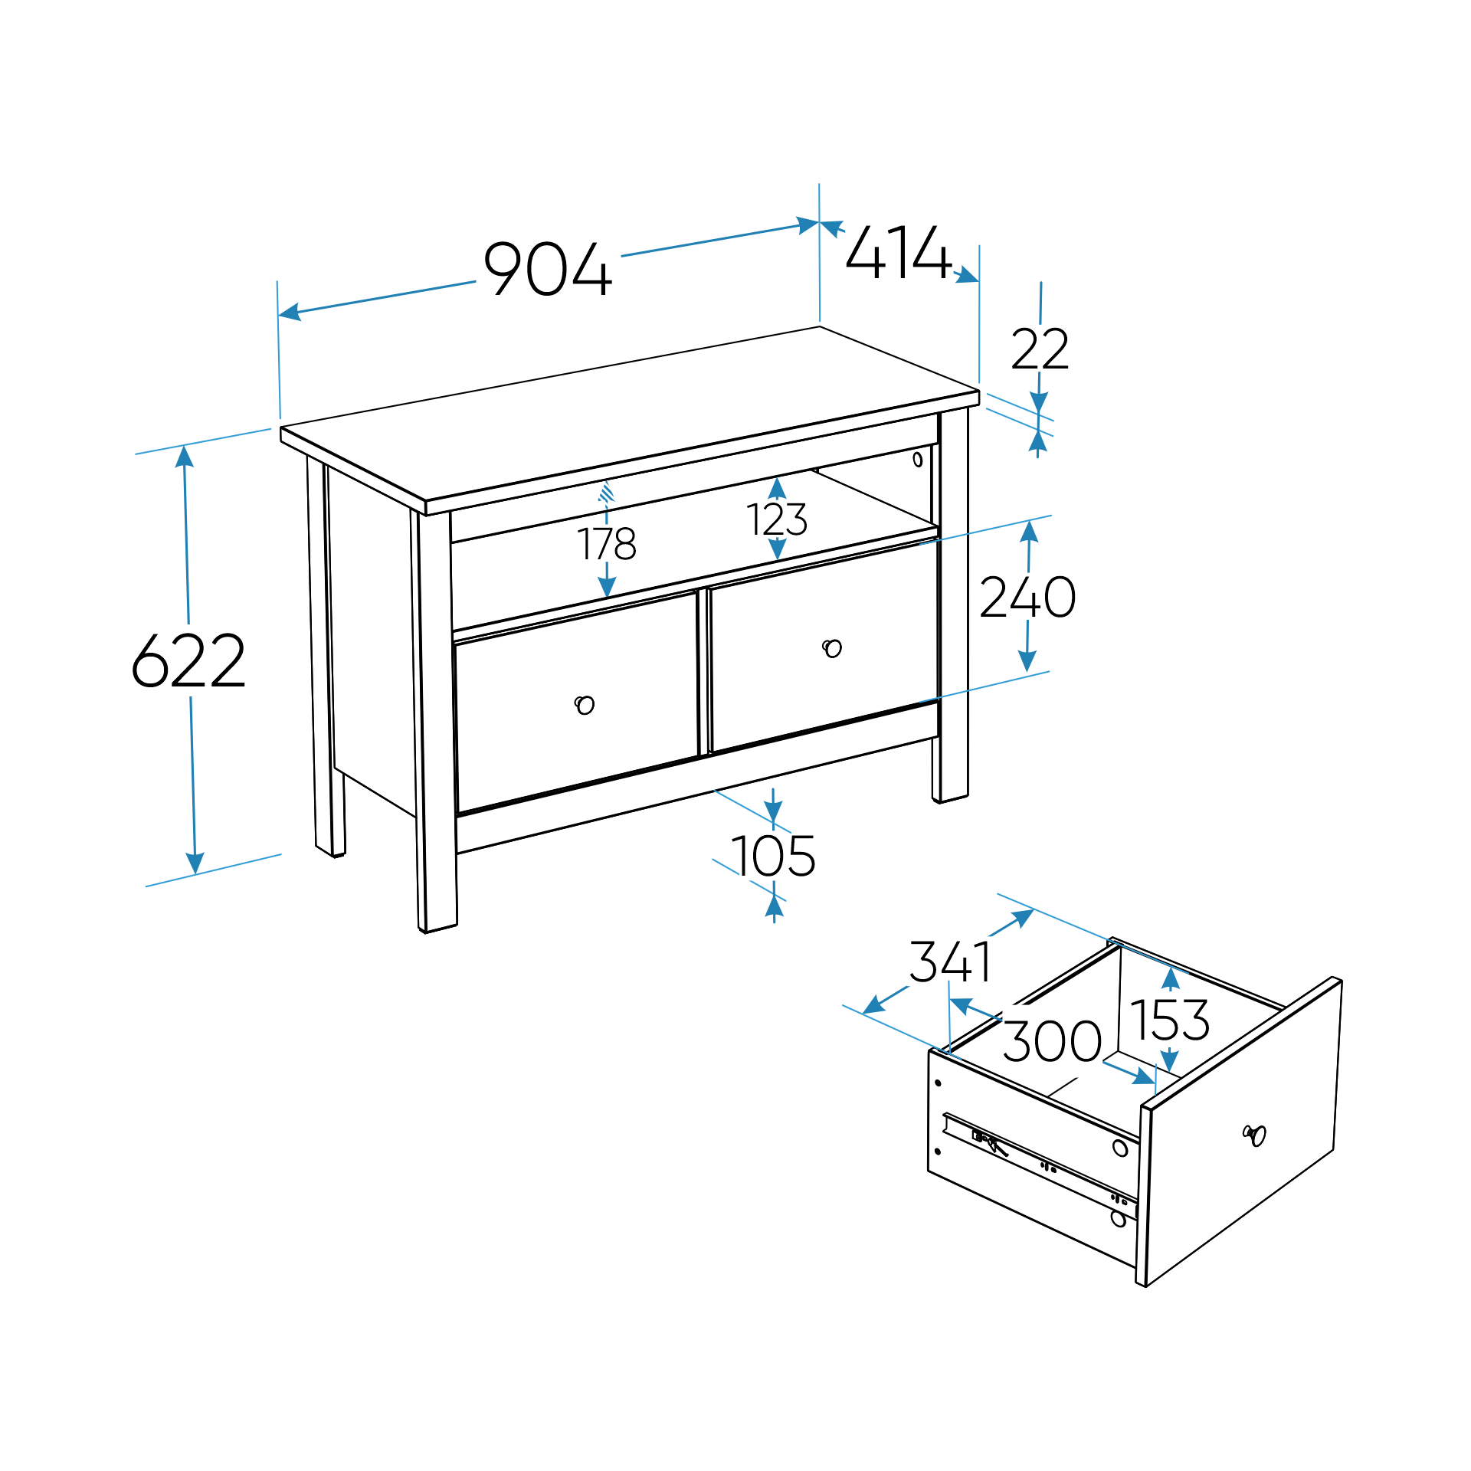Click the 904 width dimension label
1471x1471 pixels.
coord(549,269)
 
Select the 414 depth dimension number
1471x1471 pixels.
coord(898,251)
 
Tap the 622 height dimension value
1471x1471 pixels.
coord(188,660)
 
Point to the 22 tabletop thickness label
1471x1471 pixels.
coord(1039,350)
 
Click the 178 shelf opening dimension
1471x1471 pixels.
coord(607,544)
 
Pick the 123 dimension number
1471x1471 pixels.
coord(777,519)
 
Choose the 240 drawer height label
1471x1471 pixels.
coord(1027,598)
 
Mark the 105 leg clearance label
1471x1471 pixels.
coord(773,856)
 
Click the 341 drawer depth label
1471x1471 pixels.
coord(950,962)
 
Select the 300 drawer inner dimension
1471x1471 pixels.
coord(1052,1042)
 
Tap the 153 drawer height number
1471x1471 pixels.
coord(1169,1021)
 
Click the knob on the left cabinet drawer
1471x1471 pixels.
coord(585,704)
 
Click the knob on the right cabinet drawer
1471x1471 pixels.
coord(832,648)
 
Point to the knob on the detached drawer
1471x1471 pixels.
coord(1255,1135)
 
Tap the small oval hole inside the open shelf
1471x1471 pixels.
coord(917,460)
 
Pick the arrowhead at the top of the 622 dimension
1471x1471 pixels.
coord(184,455)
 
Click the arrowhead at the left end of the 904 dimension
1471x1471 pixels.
coord(288,313)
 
